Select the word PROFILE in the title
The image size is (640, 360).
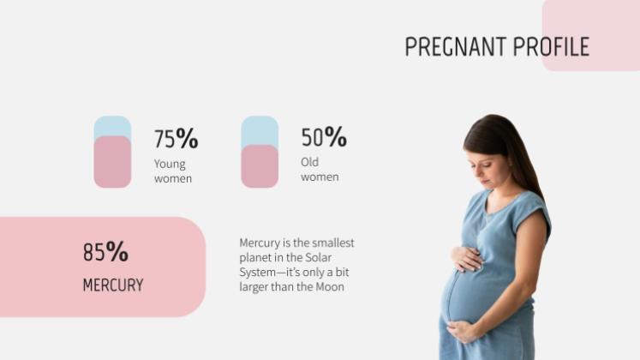click(551, 46)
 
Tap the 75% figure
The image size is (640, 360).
click(176, 138)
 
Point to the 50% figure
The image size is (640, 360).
click(323, 137)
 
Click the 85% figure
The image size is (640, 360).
click(105, 252)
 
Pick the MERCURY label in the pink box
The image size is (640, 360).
click(112, 285)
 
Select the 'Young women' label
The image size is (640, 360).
click(172, 171)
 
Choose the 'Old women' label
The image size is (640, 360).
click(320, 170)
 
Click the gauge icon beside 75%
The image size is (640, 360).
click(112, 152)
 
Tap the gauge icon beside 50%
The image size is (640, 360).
click(260, 152)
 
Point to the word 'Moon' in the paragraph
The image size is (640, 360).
click(330, 287)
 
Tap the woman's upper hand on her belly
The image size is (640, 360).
click(468, 258)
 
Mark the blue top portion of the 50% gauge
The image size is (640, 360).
click(260, 130)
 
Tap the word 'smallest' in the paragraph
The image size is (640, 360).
click(332, 243)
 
